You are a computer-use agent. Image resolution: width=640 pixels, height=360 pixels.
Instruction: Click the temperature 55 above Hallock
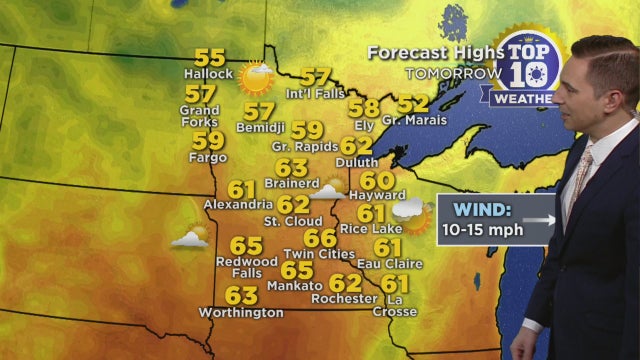209,57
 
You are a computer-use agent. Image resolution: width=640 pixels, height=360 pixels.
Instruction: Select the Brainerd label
291,184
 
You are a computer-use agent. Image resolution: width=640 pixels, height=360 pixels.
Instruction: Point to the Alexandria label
240,204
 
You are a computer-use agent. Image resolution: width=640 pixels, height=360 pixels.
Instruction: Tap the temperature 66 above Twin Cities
320,239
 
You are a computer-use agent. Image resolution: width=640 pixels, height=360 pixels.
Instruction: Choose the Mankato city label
295,286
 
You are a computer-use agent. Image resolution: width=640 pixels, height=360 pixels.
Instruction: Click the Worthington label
240,313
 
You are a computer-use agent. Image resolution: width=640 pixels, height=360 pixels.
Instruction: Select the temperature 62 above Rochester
345,283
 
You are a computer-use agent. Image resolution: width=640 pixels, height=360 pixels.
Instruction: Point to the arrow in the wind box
540,219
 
